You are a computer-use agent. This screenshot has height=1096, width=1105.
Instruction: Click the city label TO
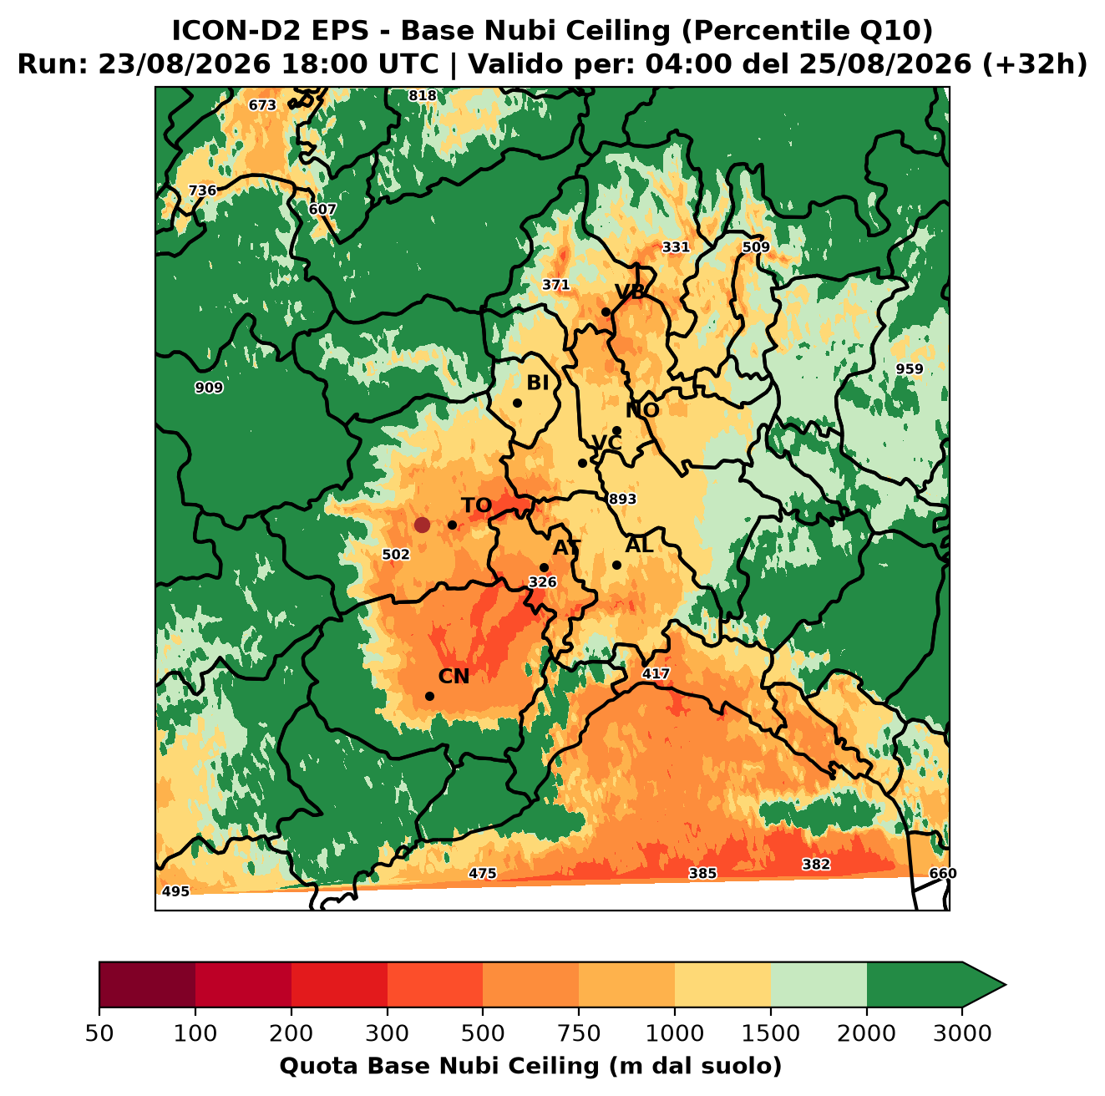[x=477, y=505]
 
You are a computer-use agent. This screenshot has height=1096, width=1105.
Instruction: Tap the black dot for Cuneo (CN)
[x=429, y=696]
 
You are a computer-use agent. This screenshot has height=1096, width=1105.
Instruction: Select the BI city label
[x=537, y=383]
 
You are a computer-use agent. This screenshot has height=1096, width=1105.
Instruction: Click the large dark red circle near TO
[x=422, y=525]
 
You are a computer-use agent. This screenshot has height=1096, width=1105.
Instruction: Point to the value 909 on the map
[x=209, y=388]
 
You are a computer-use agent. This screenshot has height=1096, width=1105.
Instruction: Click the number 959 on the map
[x=910, y=368]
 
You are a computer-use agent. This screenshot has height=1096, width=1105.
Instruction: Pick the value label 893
[x=622, y=499]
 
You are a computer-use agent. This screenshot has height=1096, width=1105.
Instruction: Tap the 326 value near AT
[x=542, y=582]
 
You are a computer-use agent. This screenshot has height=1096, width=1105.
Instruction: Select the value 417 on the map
[x=656, y=673]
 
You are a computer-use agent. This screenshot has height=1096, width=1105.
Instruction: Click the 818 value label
[x=423, y=96]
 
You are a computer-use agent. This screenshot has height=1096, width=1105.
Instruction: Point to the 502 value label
[x=396, y=555]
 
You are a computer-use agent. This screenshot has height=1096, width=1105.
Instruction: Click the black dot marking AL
[x=616, y=565]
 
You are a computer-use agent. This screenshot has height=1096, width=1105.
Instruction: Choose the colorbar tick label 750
[x=578, y=1033]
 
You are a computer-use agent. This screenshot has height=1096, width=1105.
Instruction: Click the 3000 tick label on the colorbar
[x=962, y=1033]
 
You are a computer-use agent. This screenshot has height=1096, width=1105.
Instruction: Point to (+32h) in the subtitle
[x=1034, y=63]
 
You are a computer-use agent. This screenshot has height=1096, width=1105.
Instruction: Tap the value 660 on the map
[x=943, y=873]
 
